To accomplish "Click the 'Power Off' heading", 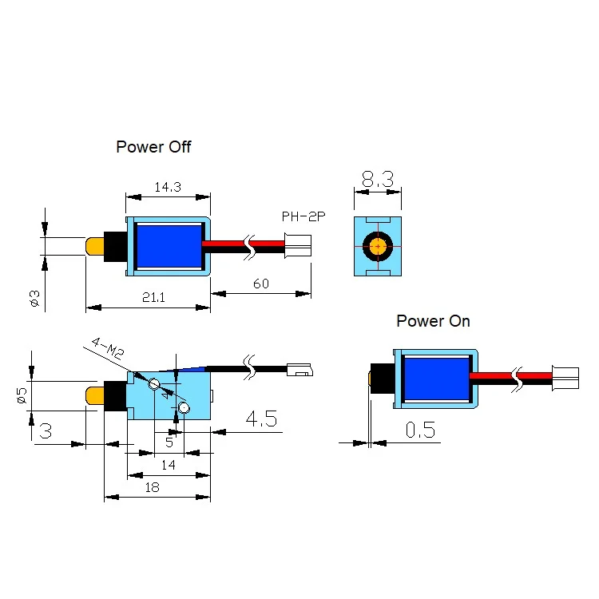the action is click(153, 147).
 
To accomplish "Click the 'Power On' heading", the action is click(433, 321).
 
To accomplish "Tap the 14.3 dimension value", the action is click(168, 187).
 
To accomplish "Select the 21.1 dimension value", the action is click(153, 297).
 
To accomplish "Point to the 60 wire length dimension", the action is click(261, 284).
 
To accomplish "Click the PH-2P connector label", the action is click(303, 216).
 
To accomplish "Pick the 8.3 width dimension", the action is click(378, 179).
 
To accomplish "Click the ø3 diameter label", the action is click(34, 298).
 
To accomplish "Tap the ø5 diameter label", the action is click(22, 395).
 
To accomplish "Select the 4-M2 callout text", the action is click(109, 348).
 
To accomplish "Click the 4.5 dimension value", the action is click(261, 419).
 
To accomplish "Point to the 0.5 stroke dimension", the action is click(420, 430).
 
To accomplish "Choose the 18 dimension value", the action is click(152, 487).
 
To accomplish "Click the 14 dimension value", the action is click(168, 465).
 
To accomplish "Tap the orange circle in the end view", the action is click(378, 247).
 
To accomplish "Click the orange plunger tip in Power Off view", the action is click(95, 247).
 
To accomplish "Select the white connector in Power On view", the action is click(565, 379).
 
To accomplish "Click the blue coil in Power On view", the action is click(437, 379).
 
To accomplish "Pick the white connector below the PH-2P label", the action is click(298, 246).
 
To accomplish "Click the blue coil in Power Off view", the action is click(169, 247).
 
